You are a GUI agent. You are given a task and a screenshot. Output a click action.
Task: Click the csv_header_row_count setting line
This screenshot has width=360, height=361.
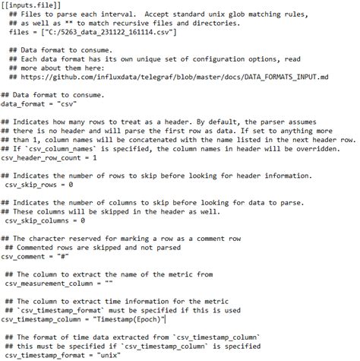[49, 158]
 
